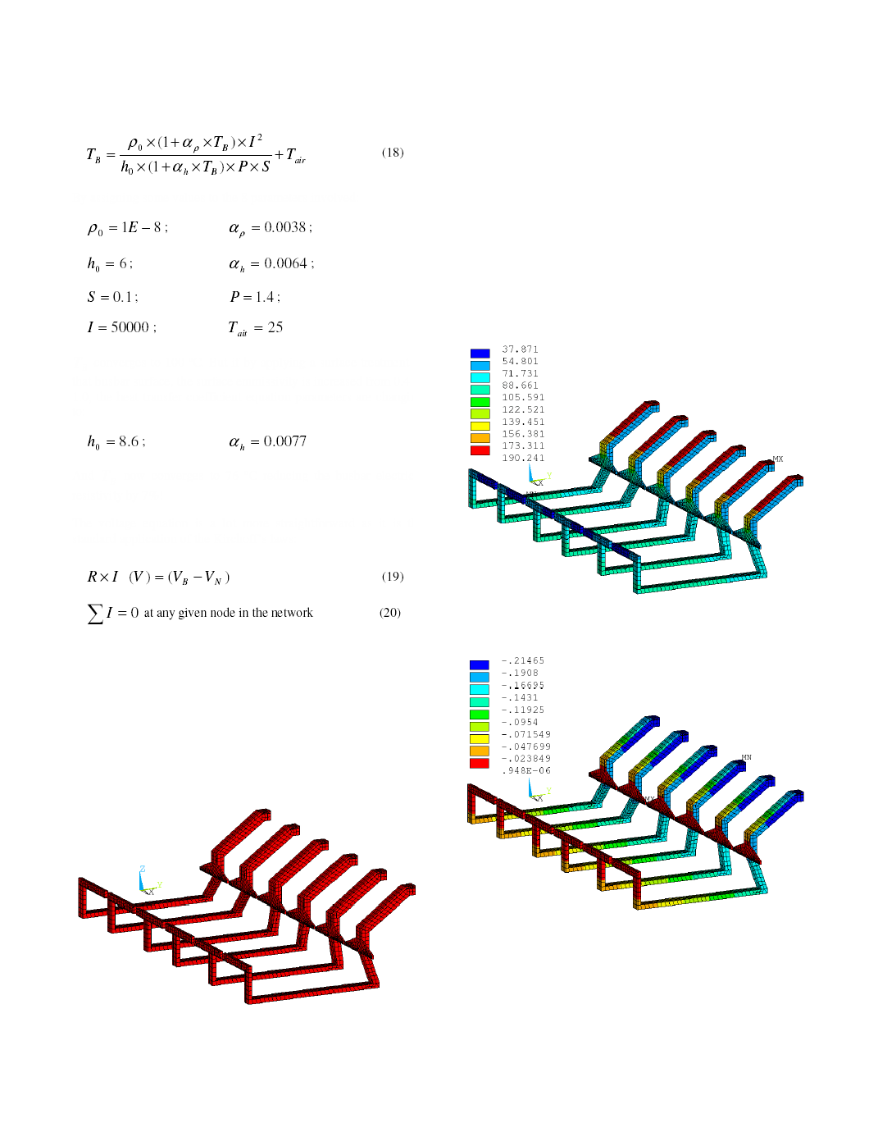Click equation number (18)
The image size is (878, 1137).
click(x=392, y=153)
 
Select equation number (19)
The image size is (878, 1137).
click(x=392, y=576)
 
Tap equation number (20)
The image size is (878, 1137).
click(x=390, y=612)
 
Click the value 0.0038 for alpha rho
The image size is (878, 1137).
click(x=285, y=226)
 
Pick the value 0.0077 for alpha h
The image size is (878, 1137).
click(x=285, y=441)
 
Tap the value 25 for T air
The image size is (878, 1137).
click(x=275, y=327)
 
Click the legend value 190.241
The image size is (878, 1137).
click(x=523, y=458)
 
